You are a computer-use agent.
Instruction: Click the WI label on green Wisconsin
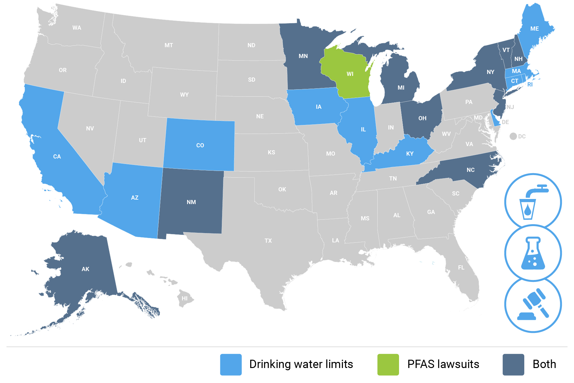tap(350, 74)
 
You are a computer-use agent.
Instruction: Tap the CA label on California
tap(57, 157)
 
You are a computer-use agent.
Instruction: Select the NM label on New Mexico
tap(191, 202)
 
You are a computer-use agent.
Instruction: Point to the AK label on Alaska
tap(85, 269)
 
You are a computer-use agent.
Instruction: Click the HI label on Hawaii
tap(185, 298)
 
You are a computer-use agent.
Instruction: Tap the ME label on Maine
tap(534, 29)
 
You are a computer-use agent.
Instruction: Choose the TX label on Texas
tap(268, 241)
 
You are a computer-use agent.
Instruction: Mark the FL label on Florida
tap(461, 268)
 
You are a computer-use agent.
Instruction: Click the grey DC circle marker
tap(513, 136)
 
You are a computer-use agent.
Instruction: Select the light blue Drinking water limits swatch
tap(231, 365)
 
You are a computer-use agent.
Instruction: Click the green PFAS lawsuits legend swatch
tap(388, 365)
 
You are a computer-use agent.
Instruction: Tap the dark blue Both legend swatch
tap(513, 365)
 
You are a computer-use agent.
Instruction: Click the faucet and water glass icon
tap(533, 202)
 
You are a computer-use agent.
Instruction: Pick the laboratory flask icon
tap(533, 253)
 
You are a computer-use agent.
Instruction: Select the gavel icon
tap(533, 304)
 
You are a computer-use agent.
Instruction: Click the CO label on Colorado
tap(200, 145)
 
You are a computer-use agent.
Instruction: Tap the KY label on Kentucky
tap(410, 154)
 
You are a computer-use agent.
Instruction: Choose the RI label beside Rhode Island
tap(530, 85)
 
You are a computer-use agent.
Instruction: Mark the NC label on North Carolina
tap(471, 170)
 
